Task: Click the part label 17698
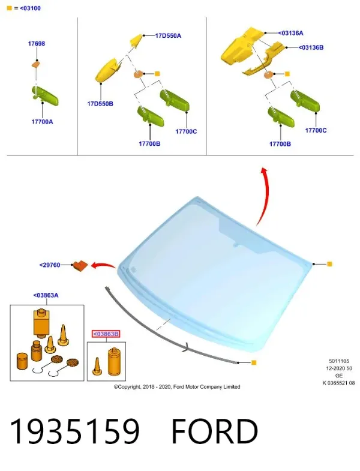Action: click(x=37, y=44)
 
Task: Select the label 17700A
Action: click(x=42, y=122)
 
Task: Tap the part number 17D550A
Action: click(x=168, y=36)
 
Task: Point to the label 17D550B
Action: click(x=100, y=104)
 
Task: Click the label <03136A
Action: click(x=290, y=33)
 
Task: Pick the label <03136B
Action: click(x=311, y=47)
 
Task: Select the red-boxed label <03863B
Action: click(x=106, y=334)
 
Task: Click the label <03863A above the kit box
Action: click(x=46, y=295)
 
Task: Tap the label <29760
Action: click(x=50, y=265)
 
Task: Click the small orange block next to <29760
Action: click(x=80, y=266)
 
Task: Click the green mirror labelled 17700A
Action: click(x=45, y=95)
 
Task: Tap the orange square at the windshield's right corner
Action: click(x=329, y=264)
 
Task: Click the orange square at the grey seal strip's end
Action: click(x=254, y=362)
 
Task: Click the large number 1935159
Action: click(x=75, y=431)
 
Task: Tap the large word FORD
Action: click(x=215, y=431)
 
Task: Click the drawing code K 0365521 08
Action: click(x=338, y=383)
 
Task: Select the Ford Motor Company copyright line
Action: click(x=177, y=387)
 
